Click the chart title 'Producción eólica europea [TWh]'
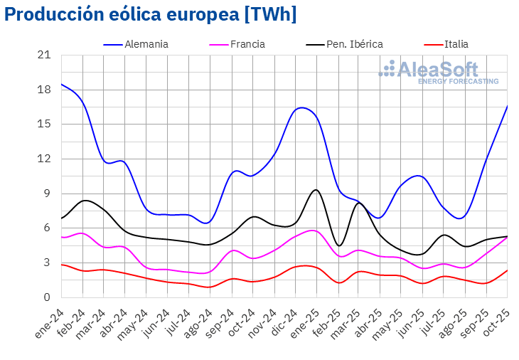(150, 15)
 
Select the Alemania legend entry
(146, 44)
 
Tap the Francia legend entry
(247, 44)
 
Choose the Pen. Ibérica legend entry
(354, 44)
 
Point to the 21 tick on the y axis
(44, 55)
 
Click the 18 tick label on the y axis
(44, 90)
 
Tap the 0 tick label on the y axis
(47, 297)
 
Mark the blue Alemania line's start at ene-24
(62, 84)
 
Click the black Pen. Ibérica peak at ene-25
(316, 190)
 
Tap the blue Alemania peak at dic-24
(301, 107)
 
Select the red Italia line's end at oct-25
(507, 270)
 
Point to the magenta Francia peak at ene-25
(313, 231)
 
